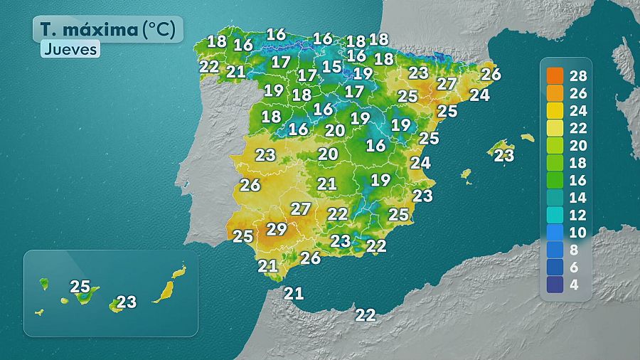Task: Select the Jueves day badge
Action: (69, 50)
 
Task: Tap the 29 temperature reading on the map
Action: (276, 229)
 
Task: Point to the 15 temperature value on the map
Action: (331, 67)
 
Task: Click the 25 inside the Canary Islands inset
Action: (80, 287)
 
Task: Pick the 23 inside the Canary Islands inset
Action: (127, 302)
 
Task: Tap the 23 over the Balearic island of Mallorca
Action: (503, 154)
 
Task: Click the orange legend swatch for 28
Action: (555, 75)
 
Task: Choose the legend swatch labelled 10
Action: (555, 232)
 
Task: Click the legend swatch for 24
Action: (555, 110)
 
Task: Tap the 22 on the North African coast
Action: (366, 314)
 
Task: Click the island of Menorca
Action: (527, 137)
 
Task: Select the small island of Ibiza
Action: (466, 173)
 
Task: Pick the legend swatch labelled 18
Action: (555, 162)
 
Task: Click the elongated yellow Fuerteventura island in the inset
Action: (165, 289)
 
